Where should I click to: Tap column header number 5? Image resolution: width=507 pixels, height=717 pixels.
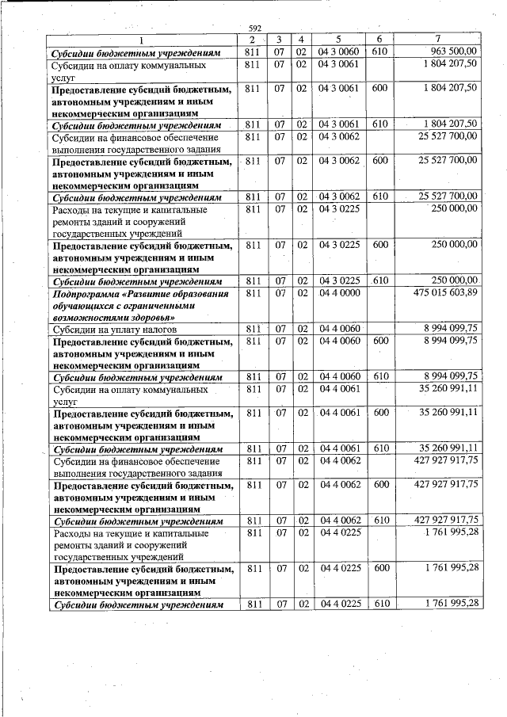(x=338, y=40)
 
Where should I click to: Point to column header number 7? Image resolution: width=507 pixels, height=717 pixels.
(x=438, y=40)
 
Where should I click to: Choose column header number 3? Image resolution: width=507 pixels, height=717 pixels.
(x=280, y=40)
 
